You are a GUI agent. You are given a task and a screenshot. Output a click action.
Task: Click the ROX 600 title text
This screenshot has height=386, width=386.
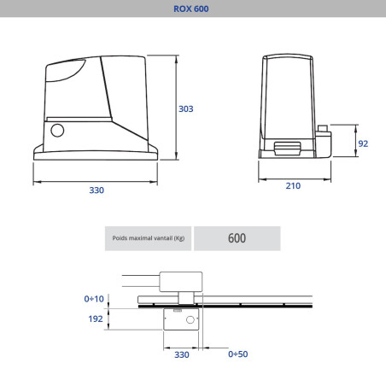coord(191,9)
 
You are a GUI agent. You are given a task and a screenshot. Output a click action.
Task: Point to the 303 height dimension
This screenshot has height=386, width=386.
coord(186,108)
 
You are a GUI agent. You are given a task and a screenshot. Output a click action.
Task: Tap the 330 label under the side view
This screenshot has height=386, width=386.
coord(96,190)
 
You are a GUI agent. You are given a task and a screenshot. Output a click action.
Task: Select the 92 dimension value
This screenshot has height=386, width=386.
coord(363,143)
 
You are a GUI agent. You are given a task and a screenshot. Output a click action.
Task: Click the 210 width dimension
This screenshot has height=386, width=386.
coord(293,186)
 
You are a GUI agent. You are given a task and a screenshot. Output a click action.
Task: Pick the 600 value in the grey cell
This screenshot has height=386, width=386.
coord(237,238)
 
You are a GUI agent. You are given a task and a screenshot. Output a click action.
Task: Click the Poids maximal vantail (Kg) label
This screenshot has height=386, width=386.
coord(149,238)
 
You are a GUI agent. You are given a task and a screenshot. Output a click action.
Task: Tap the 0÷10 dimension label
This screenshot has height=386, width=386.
coord(94,299)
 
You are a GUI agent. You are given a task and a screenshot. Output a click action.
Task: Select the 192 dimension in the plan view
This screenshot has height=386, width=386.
coord(96,319)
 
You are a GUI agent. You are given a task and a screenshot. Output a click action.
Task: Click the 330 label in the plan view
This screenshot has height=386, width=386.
coord(182,354)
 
